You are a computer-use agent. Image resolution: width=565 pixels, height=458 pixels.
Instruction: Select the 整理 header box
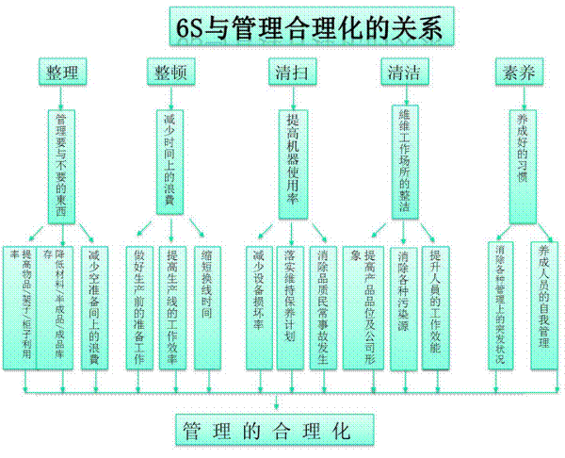click(63, 71)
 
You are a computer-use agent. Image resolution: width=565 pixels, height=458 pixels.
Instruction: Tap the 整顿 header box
click(170, 71)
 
